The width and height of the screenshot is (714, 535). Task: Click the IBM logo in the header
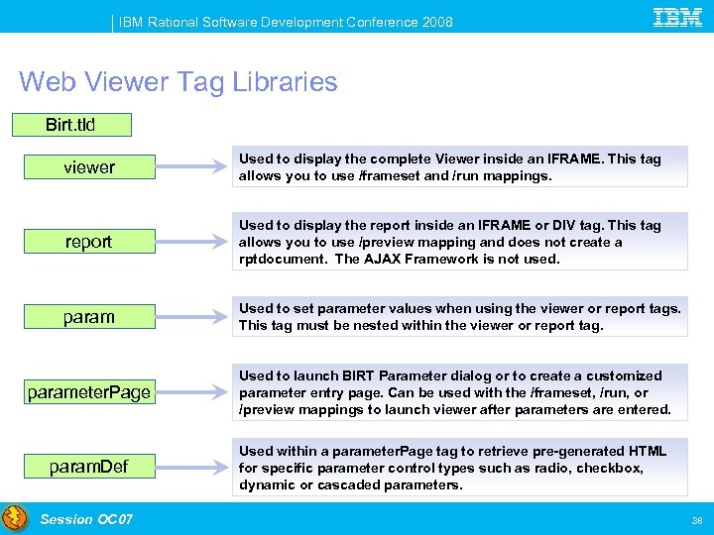(x=678, y=16)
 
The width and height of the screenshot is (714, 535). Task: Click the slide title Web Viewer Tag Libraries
(x=178, y=81)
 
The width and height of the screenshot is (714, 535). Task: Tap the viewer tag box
(x=89, y=167)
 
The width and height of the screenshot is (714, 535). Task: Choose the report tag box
(x=89, y=242)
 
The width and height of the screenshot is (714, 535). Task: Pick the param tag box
(x=89, y=317)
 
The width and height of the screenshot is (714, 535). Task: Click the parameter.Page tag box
(x=89, y=392)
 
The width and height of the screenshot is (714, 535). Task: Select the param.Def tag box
(x=89, y=466)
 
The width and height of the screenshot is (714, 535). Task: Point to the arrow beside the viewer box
(x=194, y=167)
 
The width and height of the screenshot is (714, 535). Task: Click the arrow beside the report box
(x=194, y=242)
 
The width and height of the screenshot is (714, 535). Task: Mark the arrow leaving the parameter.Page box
(x=194, y=392)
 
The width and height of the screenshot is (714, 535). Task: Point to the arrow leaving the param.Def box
(x=194, y=466)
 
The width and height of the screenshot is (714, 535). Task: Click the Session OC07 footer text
(x=86, y=519)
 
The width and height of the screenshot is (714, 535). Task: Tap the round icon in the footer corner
(x=15, y=518)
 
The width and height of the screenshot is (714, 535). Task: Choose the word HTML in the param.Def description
(x=646, y=451)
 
